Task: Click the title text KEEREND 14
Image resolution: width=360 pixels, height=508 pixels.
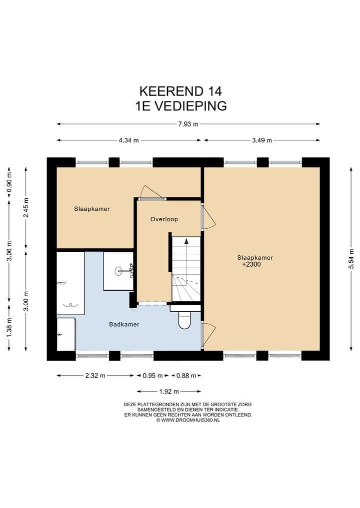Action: pos(180,91)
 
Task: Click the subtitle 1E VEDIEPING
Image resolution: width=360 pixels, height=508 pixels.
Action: pos(180,105)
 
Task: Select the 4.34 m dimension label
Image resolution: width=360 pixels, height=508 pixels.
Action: pos(128,140)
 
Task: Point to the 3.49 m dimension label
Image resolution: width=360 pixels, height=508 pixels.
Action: pos(261,140)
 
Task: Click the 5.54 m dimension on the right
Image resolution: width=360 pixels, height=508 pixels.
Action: pos(351,259)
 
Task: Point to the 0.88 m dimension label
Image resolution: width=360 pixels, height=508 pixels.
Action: pos(186,376)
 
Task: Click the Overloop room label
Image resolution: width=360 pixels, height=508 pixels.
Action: pos(164,219)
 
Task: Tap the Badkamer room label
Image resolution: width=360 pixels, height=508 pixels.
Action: pos(124,325)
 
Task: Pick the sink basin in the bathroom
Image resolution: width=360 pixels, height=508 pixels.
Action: pos(119,271)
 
